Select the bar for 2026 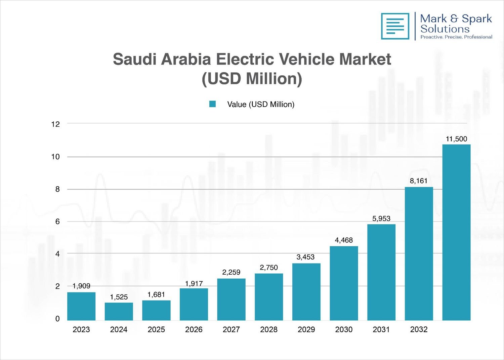(194, 304)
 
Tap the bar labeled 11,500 (456, 232)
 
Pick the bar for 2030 (344, 283)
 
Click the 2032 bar (419, 253)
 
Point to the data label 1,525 (119, 297)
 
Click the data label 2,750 (269, 268)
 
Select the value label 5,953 (381, 218)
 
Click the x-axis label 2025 (156, 329)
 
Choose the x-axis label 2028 (269, 329)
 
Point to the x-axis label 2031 (381, 329)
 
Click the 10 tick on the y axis (55, 157)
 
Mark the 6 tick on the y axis (57, 222)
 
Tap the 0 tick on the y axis (57, 319)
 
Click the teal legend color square (212, 104)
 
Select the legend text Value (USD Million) (261, 105)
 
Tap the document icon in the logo (395, 26)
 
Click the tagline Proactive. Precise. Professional (456, 37)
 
